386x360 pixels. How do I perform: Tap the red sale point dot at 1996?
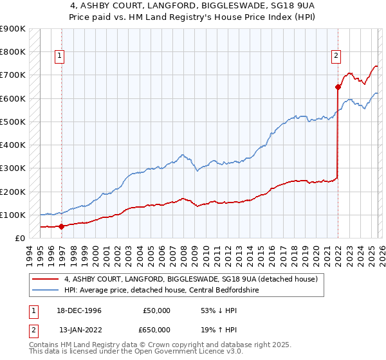[61, 226]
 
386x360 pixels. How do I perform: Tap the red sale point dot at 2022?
[338, 86]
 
